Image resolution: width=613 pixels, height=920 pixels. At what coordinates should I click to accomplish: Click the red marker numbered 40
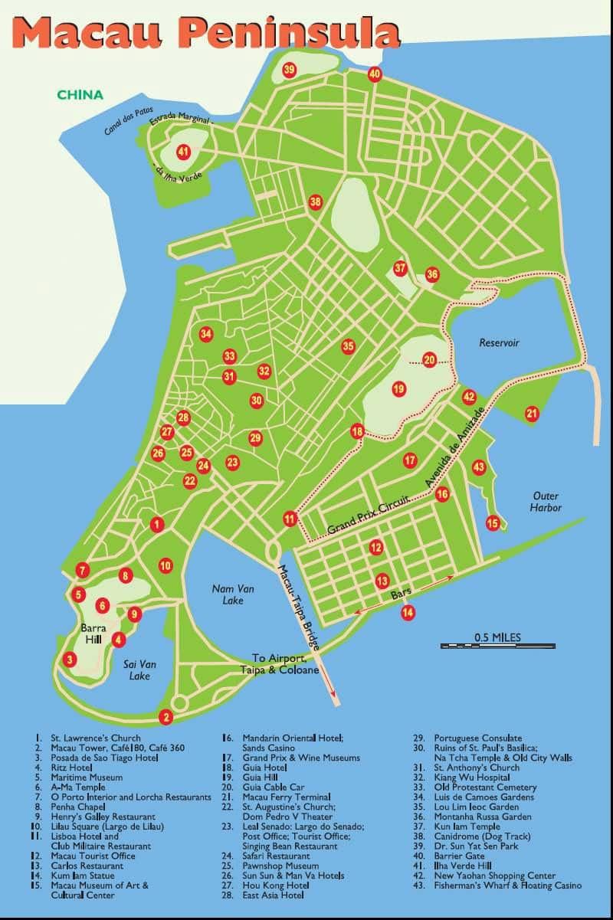pos(374,74)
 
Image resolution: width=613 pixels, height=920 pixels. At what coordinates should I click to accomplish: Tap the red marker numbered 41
pos(183,151)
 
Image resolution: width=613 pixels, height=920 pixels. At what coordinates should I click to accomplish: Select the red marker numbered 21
pos(532,414)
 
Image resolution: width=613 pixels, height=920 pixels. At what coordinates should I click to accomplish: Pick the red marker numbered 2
pos(165,718)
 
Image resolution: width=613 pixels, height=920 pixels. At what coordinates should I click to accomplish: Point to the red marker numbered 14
pos(408,612)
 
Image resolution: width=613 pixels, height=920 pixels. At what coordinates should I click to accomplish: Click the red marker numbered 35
pos(349,346)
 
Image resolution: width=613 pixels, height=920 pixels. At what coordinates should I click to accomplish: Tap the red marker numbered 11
pos(289,519)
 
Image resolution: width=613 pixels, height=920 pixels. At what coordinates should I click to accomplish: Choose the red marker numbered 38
pos(316,202)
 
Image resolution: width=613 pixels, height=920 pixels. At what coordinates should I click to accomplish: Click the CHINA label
pos(80,95)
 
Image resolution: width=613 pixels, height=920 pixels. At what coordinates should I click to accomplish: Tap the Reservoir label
pos(499,342)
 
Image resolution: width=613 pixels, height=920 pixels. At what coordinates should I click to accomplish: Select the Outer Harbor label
pos(546,502)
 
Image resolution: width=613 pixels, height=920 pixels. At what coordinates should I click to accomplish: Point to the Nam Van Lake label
pos(233,594)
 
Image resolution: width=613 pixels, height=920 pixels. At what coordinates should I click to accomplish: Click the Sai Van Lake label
pos(138,670)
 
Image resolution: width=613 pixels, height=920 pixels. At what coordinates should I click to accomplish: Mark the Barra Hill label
pos(93,634)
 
